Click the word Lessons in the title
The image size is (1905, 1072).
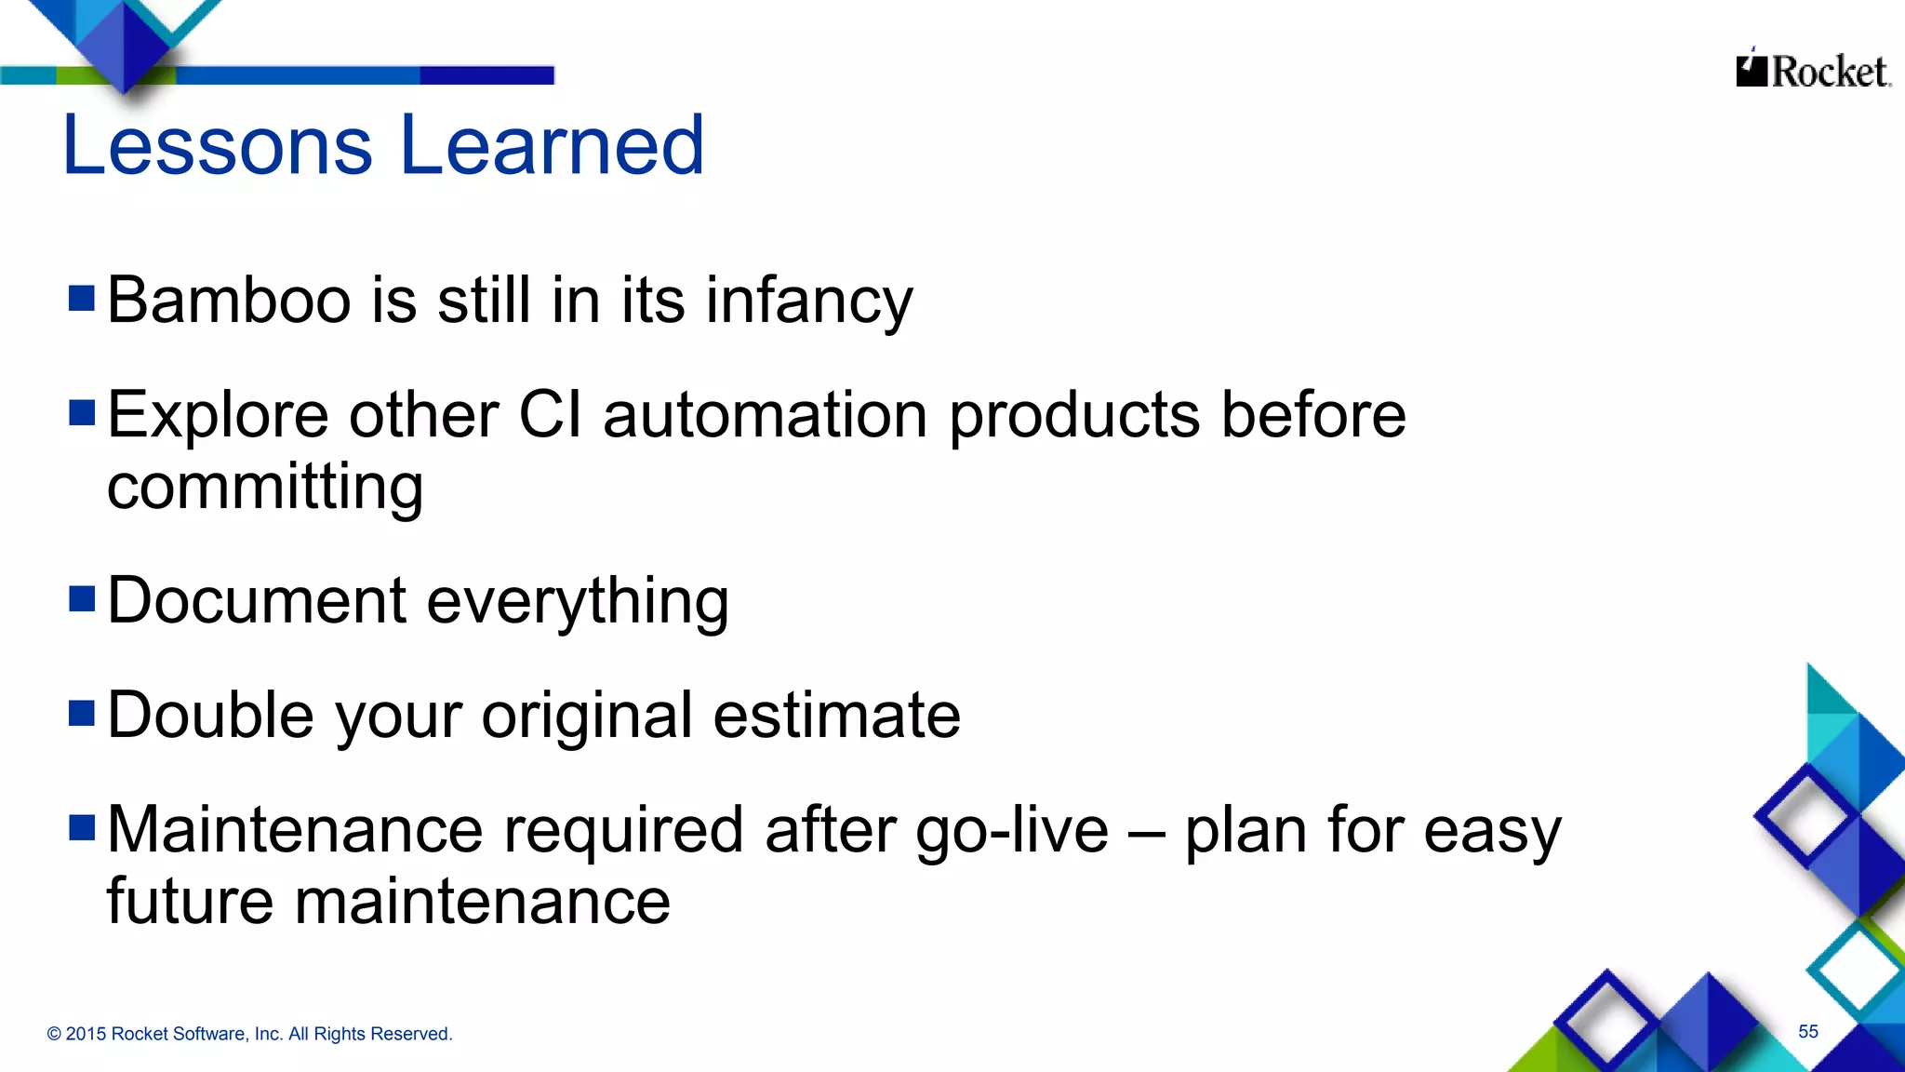point(217,145)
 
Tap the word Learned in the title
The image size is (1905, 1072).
point(553,145)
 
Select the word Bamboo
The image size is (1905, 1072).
point(229,301)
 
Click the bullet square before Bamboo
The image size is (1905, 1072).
point(82,299)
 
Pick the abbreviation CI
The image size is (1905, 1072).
point(550,415)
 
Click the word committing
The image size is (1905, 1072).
point(265,488)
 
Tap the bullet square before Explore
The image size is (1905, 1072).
point(82,412)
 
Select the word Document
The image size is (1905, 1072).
point(257,600)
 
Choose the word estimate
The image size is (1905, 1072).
point(836,716)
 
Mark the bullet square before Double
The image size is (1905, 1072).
point(82,713)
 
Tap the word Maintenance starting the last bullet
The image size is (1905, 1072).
point(295,830)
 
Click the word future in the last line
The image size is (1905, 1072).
point(190,902)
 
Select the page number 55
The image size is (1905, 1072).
point(1807,1031)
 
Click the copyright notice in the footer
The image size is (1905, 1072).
point(249,1034)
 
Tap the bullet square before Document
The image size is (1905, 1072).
point(82,598)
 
